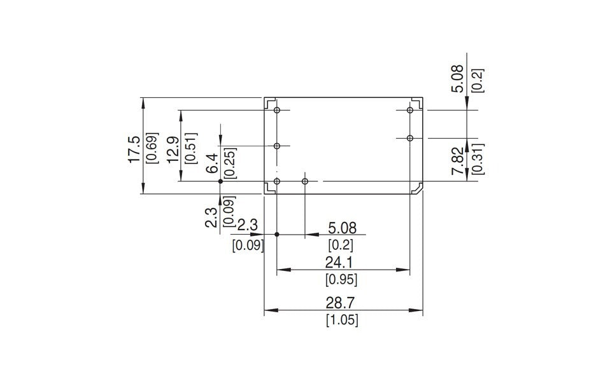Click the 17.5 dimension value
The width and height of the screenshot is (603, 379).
pyautogui.click(x=134, y=149)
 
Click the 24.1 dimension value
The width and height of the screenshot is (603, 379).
pyautogui.click(x=342, y=262)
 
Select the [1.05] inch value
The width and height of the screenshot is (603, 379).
pyautogui.click(x=342, y=320)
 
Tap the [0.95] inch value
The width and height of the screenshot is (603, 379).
pyautogui.click(x=341, y=279)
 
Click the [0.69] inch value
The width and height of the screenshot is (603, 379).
pyautogui.click(x=152, y=149)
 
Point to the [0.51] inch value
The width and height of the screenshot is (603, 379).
pyautogui.click(x=190, y=149)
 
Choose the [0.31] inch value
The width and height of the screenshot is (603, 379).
pyautogui.click(x=475, y=159)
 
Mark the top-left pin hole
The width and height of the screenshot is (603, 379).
pyautogui.click(x=277, y=111)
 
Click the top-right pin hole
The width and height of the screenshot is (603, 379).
pyautogui.click(x=410, y=111)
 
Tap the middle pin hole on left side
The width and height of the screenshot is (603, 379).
pyautogui.click(x=277, y=146)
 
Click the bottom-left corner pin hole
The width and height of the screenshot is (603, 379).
pyautogui.click(x=277, y=182)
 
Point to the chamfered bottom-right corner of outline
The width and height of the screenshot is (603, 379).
pyautogui.click(x=420, y=188)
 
